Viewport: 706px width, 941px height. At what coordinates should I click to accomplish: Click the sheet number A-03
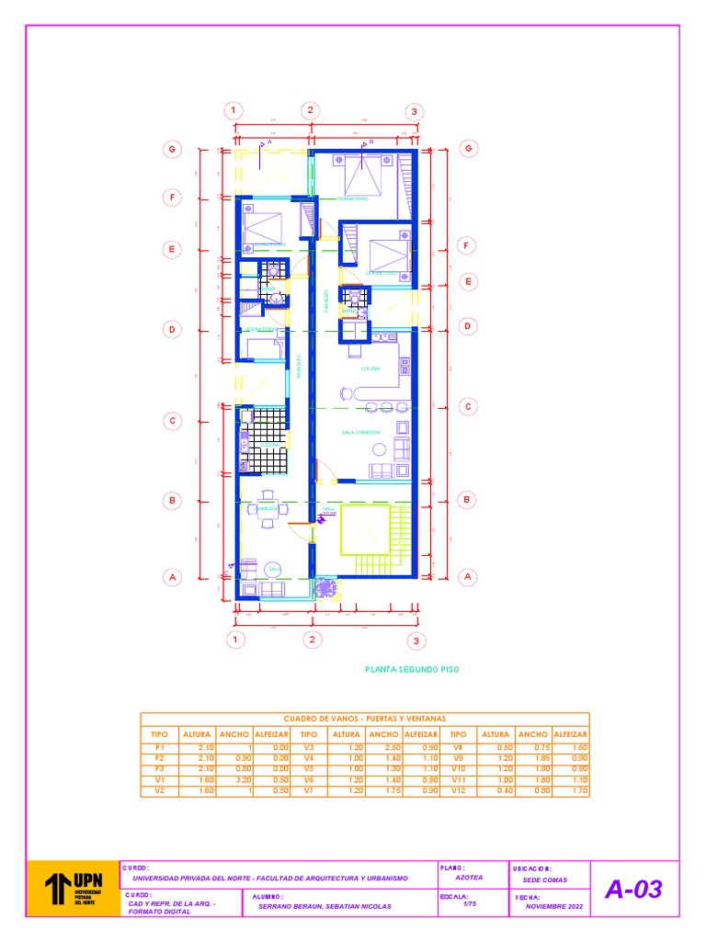click(633, 890)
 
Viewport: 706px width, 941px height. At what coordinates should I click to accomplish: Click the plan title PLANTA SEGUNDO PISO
click(411, 670)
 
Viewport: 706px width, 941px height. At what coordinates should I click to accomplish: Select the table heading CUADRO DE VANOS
click(364, 719)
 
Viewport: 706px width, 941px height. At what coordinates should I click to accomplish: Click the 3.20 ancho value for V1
click(234, 780)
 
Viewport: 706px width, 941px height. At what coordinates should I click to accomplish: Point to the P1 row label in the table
click(159, 749)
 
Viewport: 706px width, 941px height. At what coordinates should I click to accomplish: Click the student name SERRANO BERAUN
click(325, 906)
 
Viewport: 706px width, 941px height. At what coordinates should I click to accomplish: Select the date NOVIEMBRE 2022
click(554, 906)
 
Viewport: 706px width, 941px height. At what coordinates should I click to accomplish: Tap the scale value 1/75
click(470, 904)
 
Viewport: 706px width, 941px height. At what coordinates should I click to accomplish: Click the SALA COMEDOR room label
click(360, 431)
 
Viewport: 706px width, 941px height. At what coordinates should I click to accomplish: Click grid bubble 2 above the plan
click(311, 111)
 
